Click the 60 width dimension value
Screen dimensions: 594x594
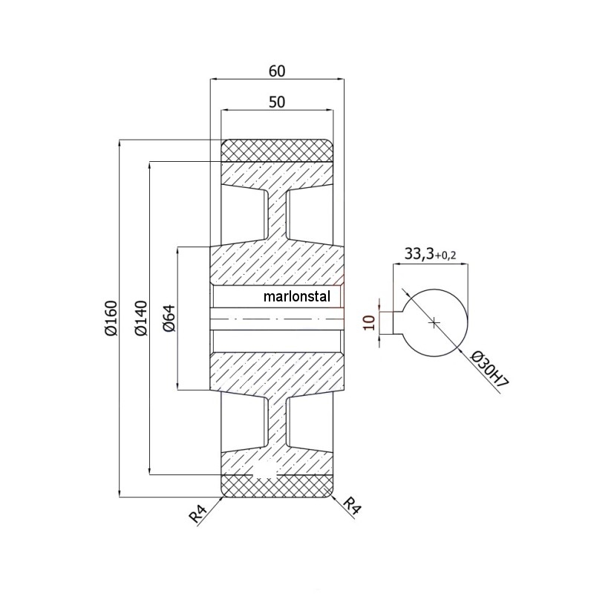tap(276, 71)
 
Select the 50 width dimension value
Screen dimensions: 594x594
tap(276, 102)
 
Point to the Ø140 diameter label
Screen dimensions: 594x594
tap(141, 318)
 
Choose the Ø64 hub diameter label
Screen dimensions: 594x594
tap(170, 318)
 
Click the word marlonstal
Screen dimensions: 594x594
tap(296, 296)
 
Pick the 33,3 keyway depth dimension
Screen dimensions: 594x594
tap(419, 254)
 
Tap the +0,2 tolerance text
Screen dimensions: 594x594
tap(445, 255)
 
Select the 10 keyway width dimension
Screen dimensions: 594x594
tap(369, 322)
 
